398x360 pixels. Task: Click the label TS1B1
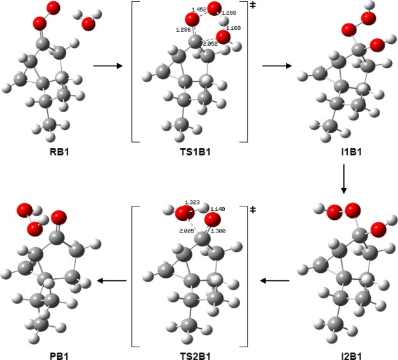pyautogui.click(x=189, y=153)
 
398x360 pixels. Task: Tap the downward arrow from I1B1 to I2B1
pyautogui.click(x=344, y=180)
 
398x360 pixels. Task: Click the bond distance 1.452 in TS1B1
pyautogui.click(x=199, y=10)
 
